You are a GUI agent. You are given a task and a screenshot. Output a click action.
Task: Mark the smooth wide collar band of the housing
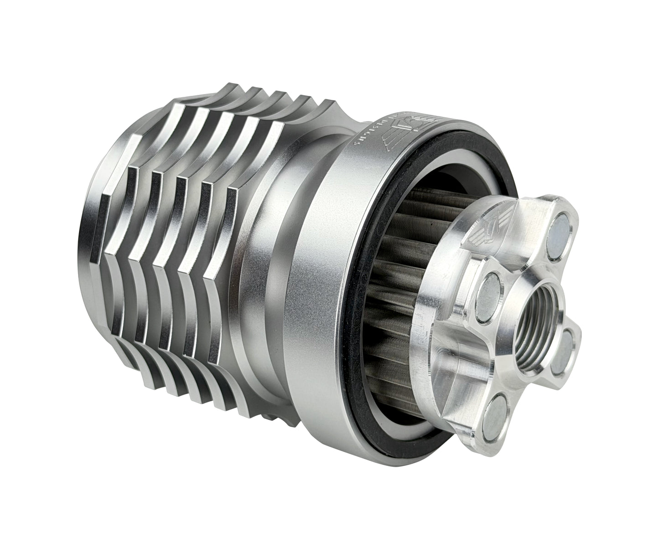pyautogui.click(x=315, y=274)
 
